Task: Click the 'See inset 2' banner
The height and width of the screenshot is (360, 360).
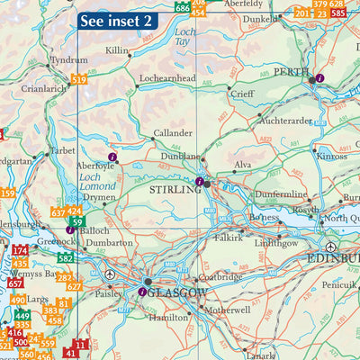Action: coord(117,21)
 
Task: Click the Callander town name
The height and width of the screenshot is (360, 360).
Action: coord(172,132)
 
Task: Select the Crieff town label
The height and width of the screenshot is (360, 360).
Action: coord(242,94)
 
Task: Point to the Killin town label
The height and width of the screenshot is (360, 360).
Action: coord(117,51)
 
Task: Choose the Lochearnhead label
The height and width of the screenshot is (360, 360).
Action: coord(167,79)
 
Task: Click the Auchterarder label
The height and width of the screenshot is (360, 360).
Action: coord(286,119)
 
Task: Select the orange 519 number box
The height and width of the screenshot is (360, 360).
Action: coord(79,80)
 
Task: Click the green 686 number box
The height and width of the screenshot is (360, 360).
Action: coord(183,8)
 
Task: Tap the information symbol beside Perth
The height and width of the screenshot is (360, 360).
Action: coord(319,79)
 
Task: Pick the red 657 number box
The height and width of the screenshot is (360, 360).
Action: coord(15,282)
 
